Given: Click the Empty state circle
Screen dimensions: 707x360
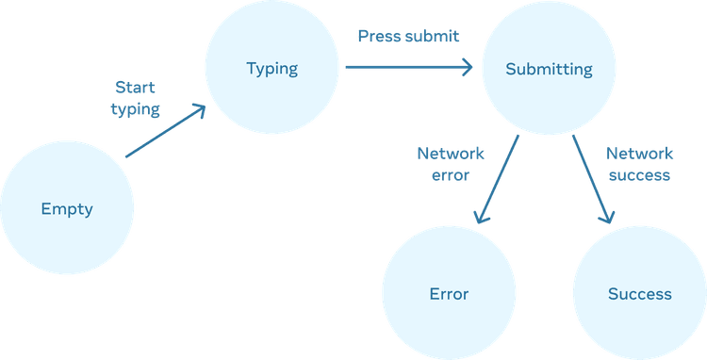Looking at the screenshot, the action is pyautogui.click(x=67, y=207).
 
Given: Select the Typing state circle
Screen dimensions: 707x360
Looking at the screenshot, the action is pyautogui.click(x=271, y=67).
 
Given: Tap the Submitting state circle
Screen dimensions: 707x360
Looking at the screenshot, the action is pyautogui.click(x=549, y=68).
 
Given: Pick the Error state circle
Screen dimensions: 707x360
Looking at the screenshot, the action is pyautogui.click(x=449, y=293).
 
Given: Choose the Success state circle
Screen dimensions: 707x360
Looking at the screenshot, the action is pyautogui.click(x=639, y=293).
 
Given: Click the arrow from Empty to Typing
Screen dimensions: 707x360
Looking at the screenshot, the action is pyautogui.click(x=166, y=131).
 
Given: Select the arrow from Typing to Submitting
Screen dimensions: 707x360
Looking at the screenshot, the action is pyautogui.click(x=409, y=67).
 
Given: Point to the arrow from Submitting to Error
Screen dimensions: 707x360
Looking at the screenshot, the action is pyautogui.click(x=497, y=179).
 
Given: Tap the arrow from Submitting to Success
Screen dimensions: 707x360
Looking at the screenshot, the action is pyautogui.click(x=593, y=179).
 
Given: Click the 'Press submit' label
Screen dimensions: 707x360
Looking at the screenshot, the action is pyautogui.click(x=408, y=36).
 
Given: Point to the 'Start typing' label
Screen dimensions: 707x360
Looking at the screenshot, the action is pyautogui.click(x=135, y=98).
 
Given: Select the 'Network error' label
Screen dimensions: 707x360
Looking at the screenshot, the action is pyautogui.click(x=451, y=164).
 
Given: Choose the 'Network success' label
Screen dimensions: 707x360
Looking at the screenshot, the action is pyautogui.click(x=639, y=164).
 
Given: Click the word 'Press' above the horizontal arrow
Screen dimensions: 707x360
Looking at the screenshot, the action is pyautogui.click(x=377, y=36).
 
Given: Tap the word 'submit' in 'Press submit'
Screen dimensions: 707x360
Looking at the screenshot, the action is pyautogui.click(x=432, y=36).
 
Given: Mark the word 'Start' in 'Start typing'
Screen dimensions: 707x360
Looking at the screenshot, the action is pyautogui.click(x=135, y=87).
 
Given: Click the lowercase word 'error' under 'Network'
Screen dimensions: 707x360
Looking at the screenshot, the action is pyautogui.click(x=451, y=175).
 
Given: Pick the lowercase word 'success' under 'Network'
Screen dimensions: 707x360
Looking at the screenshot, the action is pyautogui.click(x=639, y=175).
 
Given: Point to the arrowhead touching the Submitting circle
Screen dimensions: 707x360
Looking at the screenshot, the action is pyautogui.click(x=467, y=67).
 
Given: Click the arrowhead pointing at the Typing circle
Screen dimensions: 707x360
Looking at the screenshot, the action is pyautogui.click(x=199, y=110).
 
